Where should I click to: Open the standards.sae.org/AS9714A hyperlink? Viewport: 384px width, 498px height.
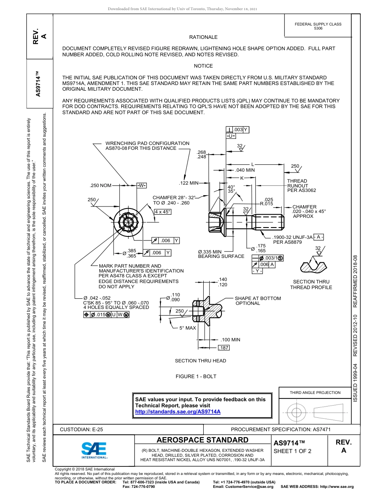[177, 411]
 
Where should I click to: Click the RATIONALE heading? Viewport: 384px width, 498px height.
[203, 37]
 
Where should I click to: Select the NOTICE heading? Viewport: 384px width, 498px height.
[203, 66]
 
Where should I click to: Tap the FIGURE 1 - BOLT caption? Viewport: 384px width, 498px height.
[196, 377]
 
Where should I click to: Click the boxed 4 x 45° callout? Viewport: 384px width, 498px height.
[163, 212]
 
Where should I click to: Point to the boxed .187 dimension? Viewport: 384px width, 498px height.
[224, 348]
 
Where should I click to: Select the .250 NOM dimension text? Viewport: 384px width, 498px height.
[100, 185]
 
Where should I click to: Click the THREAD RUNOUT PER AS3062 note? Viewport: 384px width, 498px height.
[301, 185]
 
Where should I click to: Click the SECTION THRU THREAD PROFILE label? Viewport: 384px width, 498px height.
[311, 285]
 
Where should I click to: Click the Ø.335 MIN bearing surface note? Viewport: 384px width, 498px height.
[221, 254]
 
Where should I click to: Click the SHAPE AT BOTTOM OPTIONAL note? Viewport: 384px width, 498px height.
[257, 301]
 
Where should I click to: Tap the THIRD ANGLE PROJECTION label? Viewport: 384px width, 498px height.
[315, 392]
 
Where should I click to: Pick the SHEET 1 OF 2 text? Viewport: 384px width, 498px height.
[292, 451]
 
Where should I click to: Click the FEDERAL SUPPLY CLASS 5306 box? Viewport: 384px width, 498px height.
[318, 26]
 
